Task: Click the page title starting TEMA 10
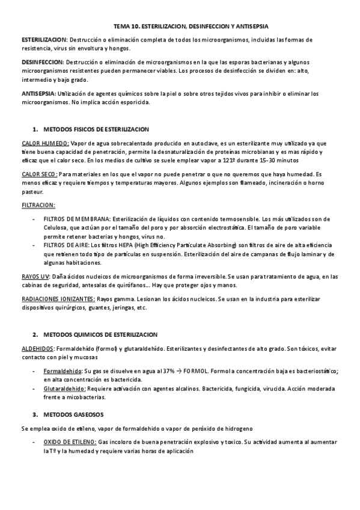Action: [191, 27]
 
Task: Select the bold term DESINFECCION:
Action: [43, 63]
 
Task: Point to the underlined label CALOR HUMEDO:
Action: [46, 144]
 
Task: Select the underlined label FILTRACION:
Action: [38, 205]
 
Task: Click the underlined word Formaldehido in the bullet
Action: [63, 371]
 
